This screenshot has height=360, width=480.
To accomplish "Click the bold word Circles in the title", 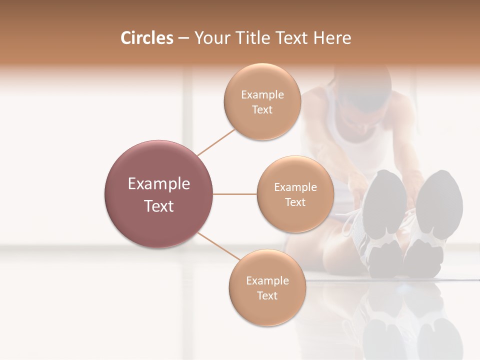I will (147, 38).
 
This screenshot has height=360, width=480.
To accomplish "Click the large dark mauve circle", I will (159, 194).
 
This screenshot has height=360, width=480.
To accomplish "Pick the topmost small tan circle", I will (262, 101).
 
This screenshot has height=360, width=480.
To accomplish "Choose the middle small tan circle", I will (295, 194).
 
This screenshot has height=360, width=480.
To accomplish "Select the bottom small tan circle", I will (267, 287).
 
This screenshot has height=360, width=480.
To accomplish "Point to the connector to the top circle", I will (216, 141).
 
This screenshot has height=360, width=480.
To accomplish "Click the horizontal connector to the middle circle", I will (235, 194).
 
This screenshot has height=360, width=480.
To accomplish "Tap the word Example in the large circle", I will (159, 184).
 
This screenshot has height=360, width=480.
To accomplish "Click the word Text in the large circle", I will (159, 206).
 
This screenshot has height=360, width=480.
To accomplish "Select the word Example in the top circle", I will (262, 95).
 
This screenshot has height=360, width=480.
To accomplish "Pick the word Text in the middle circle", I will (295, 202).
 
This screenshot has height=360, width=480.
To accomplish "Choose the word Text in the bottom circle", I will (267, 295).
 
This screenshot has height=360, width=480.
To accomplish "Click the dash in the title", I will (183, 38).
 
